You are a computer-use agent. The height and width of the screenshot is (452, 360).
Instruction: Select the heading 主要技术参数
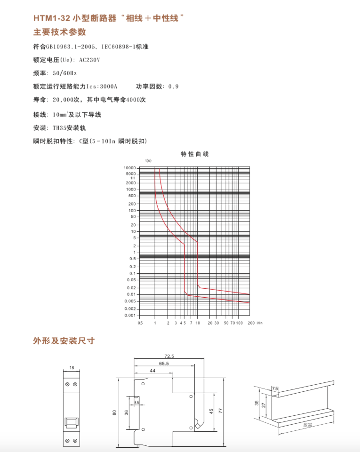59,32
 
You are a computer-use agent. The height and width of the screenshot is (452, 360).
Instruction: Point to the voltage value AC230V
89,60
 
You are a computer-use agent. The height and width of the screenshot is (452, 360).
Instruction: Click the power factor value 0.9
173,87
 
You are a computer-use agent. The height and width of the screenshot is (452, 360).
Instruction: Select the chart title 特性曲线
194,154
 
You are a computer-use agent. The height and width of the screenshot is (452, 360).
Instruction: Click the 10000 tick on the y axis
129,168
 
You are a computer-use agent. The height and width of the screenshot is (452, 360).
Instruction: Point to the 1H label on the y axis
133,178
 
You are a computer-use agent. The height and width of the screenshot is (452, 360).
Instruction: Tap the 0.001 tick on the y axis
130,316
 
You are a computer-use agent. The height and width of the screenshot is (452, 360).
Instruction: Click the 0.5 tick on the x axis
140,324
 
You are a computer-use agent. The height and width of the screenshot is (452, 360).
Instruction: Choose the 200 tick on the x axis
251,324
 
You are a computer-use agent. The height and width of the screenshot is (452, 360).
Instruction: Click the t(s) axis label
148,161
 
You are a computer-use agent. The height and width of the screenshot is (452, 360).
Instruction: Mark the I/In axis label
259,324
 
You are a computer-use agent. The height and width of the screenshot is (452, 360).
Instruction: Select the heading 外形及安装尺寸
64,341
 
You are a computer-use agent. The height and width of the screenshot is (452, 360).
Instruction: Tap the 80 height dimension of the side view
114,412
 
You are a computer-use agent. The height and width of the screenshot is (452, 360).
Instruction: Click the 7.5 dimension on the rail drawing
275,389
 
